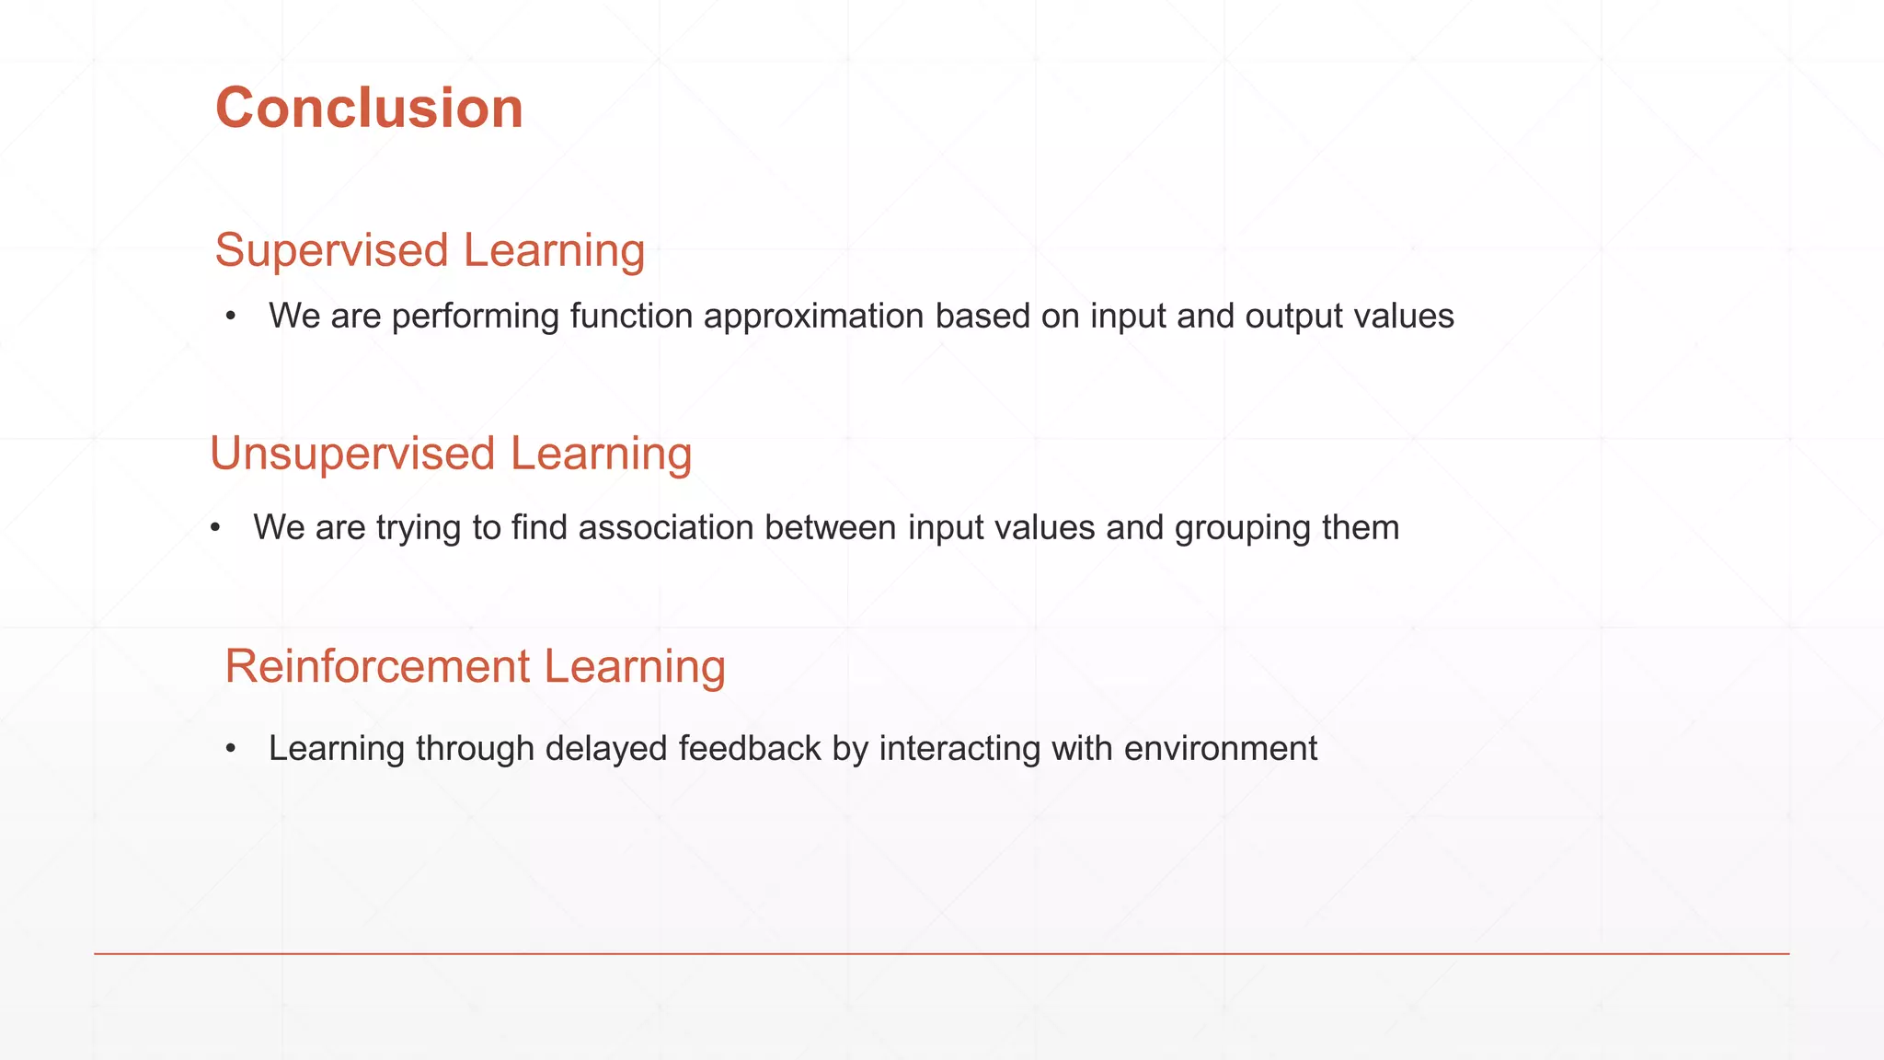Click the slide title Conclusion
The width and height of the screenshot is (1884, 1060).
369,109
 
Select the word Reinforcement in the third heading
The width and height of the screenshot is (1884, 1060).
377,666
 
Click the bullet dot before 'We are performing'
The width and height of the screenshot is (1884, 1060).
231,317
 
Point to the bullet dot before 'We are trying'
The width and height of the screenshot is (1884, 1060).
215,528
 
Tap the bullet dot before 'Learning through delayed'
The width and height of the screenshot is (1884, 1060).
231,749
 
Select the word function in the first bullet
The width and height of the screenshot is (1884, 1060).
631,317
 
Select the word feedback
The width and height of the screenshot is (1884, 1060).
749,749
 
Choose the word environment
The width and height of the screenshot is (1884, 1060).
1220,749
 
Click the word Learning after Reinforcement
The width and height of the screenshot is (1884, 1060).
634,666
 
